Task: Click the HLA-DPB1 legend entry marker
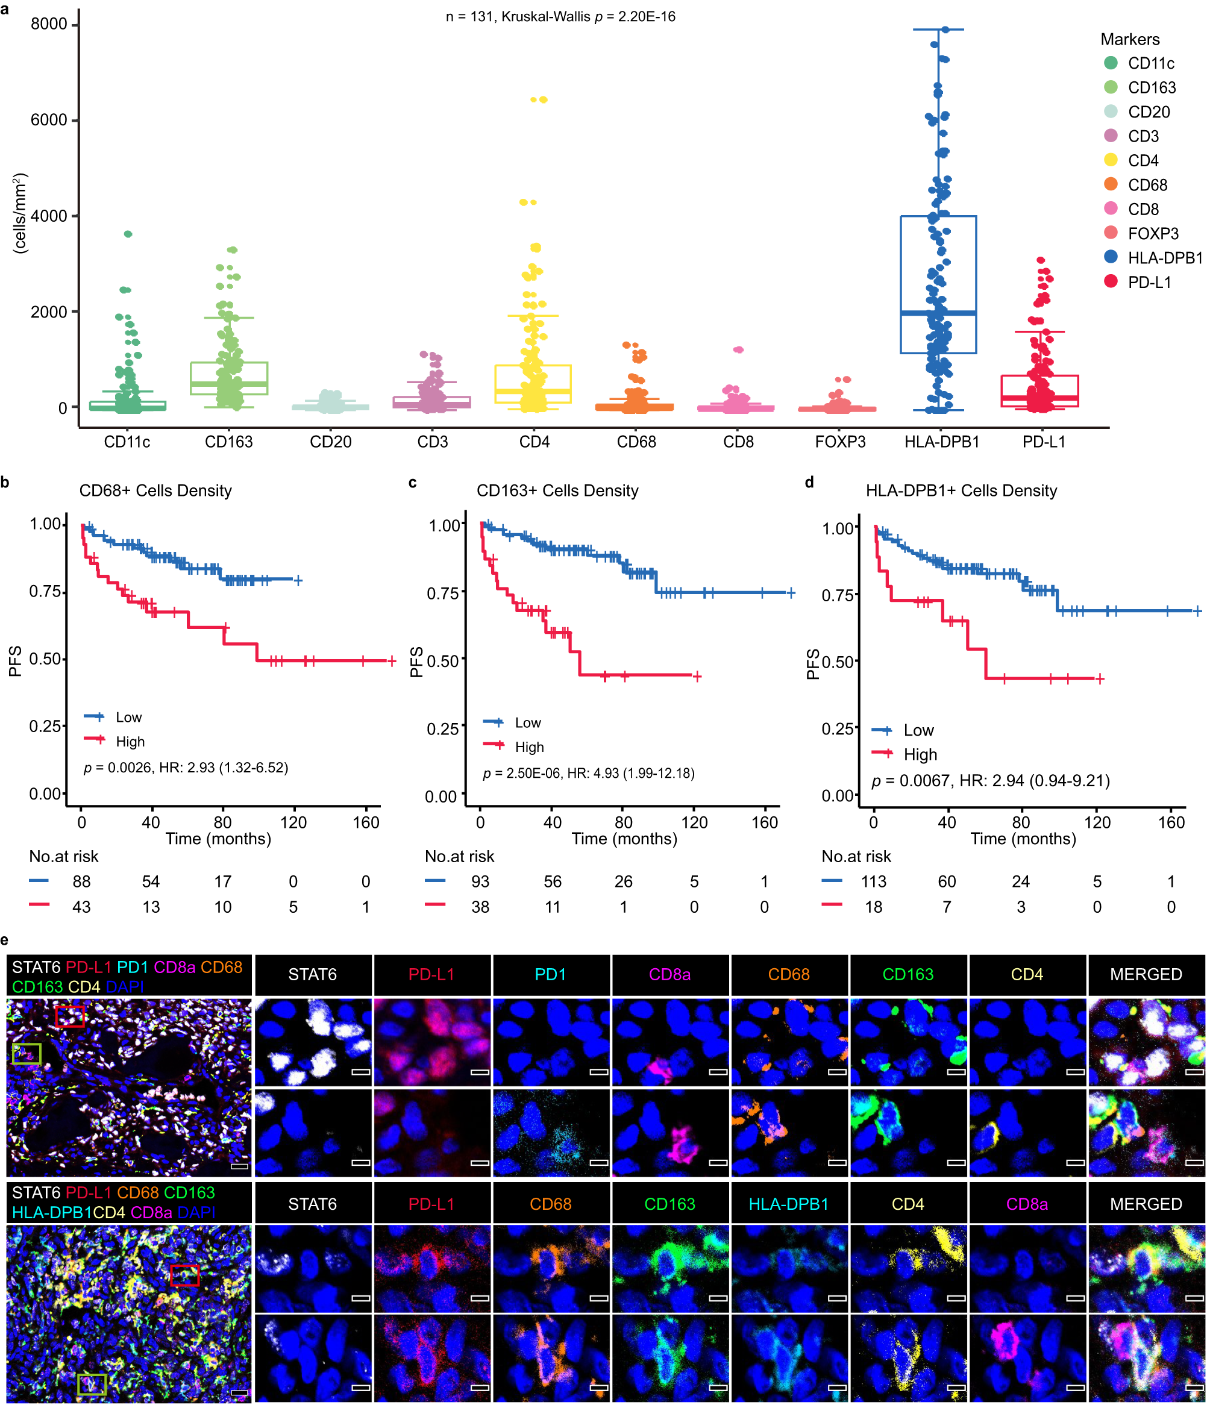[x=1110, y=257]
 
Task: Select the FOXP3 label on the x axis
[x=839, y=442]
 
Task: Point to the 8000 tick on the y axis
[x=49, y=23]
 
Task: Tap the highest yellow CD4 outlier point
[x=539, y=99]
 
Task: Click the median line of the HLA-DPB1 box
[x=938, y=313]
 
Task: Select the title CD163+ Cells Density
[x=557, y=490]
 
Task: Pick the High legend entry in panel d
[x=920, y=754]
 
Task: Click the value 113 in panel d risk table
[x=873, y=881]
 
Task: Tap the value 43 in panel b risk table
[x=81, y=907]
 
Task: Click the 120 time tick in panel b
[x=293, y=822]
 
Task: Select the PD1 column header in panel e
[x=551, y=974]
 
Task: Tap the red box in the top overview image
[x=70, y=1016]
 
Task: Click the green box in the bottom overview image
[x=92, y=1384]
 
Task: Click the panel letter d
[x=809, y=482]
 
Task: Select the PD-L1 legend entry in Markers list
[x=1149, y=282]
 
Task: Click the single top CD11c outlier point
[x=128, y=234]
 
